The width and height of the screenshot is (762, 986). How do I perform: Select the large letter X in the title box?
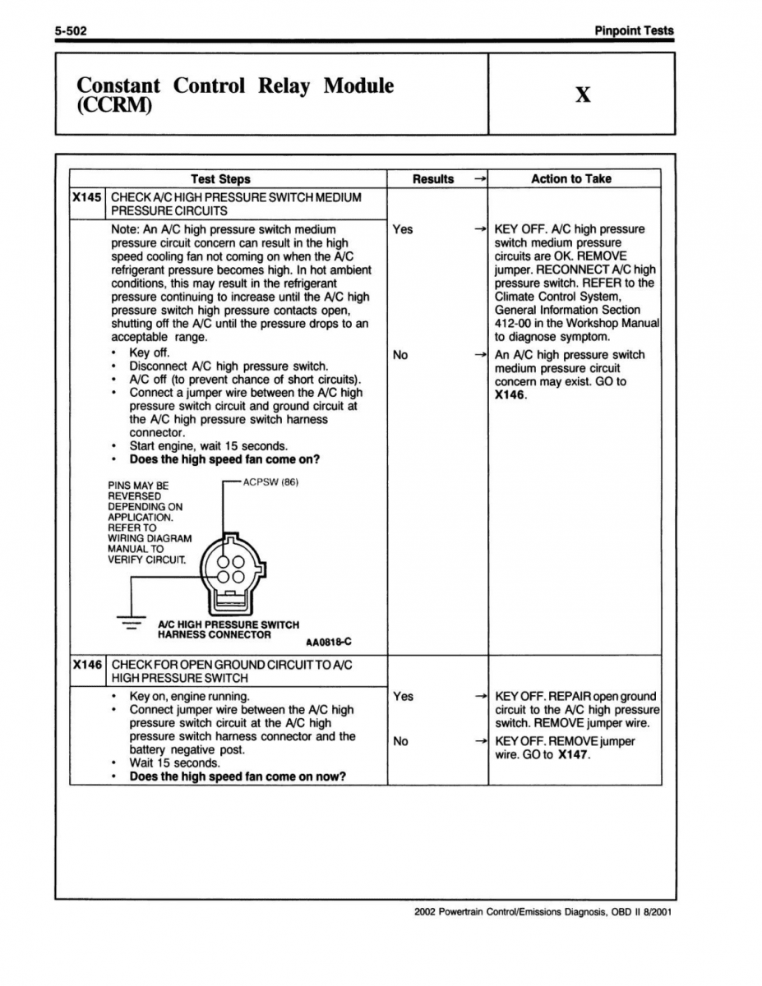pyautogui.click(x=582, y=95)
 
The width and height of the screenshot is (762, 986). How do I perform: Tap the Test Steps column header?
pyautogui.click(x=220, y=179)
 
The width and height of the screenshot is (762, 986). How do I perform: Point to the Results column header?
pyautogui.click(x=433, y=179)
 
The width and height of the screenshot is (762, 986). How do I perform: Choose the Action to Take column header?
pyautogui.click(x=570, y=179)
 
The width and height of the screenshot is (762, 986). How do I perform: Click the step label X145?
pyautogui.click(x=86, y=198)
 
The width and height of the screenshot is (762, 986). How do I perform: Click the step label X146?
pyautogui.click(x=86, y=664)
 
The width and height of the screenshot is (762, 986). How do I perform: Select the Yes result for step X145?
pyautogui.click(x=403, y=229)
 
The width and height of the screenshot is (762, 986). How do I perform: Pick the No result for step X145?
pyautogui.click(x=400, y=355)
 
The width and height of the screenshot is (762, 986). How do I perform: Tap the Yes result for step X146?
pyautogui.click(x=403, y=696)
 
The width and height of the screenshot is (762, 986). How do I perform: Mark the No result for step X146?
pyautogui.click(x=400, y=741)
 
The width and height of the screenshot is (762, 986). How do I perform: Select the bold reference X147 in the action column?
pyautogui.click(x=572, y=755)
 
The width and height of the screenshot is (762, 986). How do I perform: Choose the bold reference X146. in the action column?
pyautogui.click(x=511, y=395)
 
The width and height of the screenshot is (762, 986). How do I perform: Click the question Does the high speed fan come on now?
pyautogui.click(x=238, y=776)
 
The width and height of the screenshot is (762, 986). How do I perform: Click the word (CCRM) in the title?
pyautogui.click(x=114, y=108)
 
